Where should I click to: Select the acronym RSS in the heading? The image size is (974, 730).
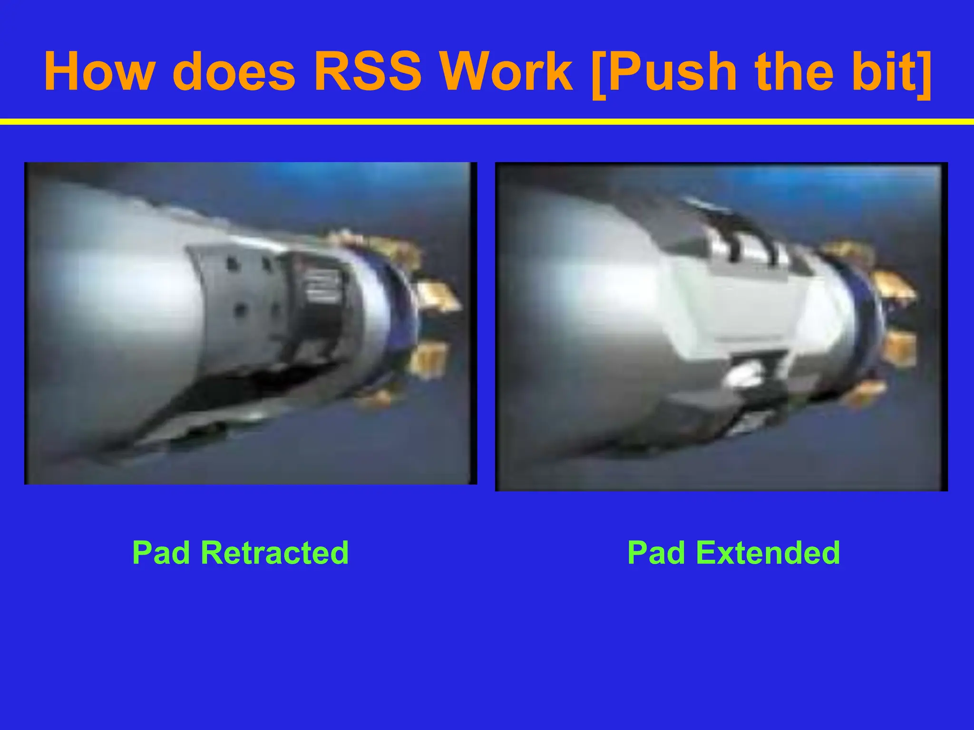[367, 71]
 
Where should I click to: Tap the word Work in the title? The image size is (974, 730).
[506, 71]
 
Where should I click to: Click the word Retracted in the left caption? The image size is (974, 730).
[274, 553]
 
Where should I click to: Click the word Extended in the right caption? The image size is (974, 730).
[768, 553]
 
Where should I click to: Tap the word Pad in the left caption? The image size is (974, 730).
[161, 553]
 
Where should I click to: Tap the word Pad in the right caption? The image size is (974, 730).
[656, 553]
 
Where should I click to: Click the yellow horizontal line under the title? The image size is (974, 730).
[487, 122]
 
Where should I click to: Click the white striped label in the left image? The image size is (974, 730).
[323, 285]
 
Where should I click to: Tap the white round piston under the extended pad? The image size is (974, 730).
[742, 375]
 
